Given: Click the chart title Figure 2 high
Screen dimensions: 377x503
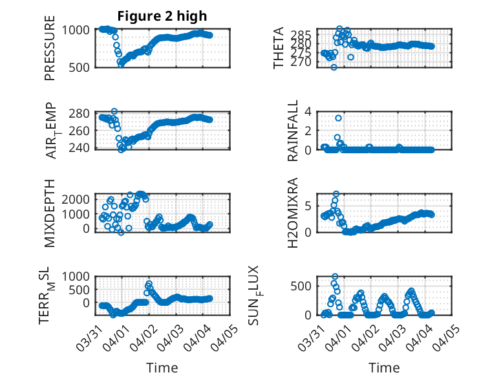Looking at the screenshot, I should coord(162,16).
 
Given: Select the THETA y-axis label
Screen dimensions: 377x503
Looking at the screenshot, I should coord(279,48).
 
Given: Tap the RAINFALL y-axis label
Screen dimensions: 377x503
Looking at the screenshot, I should coord(292,131).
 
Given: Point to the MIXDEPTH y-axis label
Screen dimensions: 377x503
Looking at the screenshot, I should coord(50,213).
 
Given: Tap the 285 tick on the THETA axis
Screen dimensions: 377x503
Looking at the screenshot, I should coord(307,34).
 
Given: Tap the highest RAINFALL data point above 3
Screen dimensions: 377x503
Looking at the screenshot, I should coord(338,118).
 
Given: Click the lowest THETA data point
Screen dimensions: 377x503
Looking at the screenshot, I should coord(334,67).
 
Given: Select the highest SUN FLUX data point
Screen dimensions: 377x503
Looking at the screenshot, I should coord(335,277).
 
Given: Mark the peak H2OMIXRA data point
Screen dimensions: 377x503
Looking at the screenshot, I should coord(336,193).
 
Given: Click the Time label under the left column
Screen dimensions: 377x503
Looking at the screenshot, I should coord(162,367).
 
